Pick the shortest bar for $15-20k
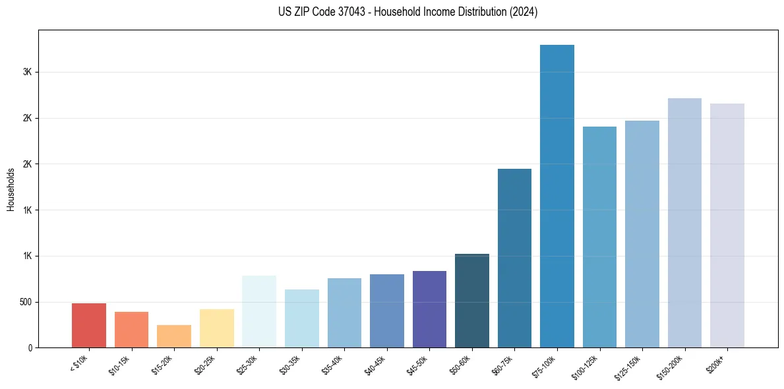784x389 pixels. coord(174,336)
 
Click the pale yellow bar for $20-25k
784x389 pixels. coord(217,328)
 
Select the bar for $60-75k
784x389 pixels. coord(514,258)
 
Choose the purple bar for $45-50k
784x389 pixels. coord(429,309)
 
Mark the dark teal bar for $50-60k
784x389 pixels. coord(472,301)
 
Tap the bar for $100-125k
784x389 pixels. coord(599,237)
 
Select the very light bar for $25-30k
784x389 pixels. coord(259,311)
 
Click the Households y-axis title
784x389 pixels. coord(11,189)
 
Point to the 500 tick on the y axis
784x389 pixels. coord(26,302)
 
